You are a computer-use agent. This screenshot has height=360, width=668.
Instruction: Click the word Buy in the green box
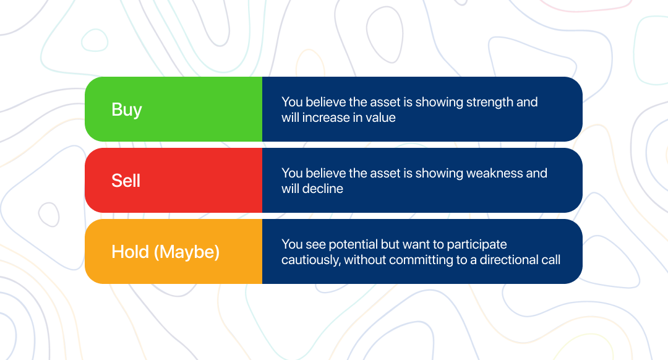(127, 110)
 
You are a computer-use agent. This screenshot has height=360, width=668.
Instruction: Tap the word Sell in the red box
(126, 181)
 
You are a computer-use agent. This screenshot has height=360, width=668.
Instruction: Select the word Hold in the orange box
(131, 252)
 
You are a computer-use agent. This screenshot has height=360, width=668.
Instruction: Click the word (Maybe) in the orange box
(187, 252)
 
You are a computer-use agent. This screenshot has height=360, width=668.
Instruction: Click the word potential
(353, 244)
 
